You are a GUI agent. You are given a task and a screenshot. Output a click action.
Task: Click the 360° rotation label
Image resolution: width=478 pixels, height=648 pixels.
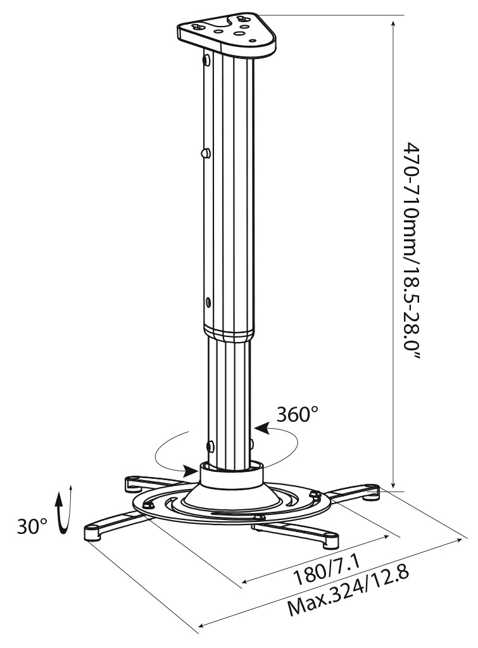coord(298,415)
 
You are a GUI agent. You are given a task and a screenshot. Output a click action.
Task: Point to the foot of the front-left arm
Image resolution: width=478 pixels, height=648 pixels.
coord(93,533)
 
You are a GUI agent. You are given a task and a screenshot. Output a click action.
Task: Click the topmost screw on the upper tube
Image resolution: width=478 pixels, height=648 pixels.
coord(207,60)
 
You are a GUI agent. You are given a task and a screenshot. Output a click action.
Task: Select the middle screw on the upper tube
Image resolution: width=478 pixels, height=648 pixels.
coord(205,153)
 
